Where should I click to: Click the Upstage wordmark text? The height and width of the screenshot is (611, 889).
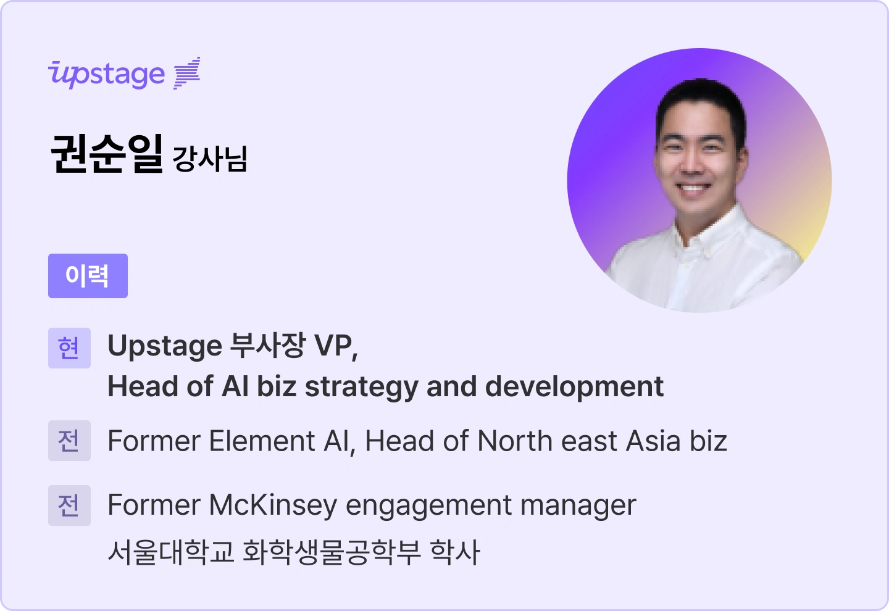[x=107, y=75]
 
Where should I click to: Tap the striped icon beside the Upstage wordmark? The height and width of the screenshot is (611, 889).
[x=187, y=73]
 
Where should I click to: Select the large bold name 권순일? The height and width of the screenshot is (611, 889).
[x=106, y=153]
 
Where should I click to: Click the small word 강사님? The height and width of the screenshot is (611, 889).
[x=210, y=158]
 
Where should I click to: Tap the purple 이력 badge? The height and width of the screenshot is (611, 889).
[x=88, y=276]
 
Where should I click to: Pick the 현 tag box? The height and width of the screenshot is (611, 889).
[x=69, y=348]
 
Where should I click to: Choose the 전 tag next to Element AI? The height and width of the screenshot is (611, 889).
[x=69, y=441]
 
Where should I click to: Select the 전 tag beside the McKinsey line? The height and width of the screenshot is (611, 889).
[x=69, y=505]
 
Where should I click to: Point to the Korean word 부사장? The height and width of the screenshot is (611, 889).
[x=267, y=346]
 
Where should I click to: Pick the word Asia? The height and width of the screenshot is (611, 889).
[x=654, y=441]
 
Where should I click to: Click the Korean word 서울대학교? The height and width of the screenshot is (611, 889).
[x=171, y=552]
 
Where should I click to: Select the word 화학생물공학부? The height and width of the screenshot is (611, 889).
[x=332, y=552]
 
